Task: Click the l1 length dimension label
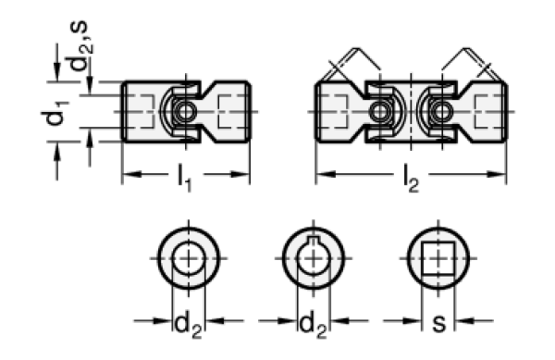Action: click(184, 180)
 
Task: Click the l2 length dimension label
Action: click(411, 180)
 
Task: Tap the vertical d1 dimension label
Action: click(55, 113)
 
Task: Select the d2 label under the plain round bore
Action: click(188, 326)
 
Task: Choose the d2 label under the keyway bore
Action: click(313, 326)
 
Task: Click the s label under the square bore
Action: click(438, 323)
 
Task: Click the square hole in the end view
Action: click(438, 258)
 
